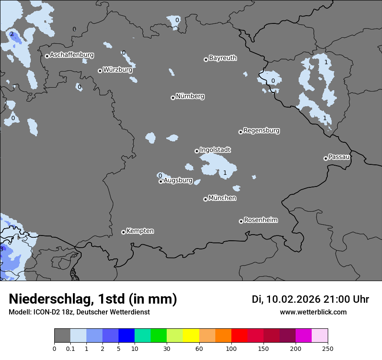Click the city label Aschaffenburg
pos(72,55)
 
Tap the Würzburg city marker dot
pos(100,71)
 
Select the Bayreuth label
pos(223,58)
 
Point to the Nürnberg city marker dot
pos(173,98)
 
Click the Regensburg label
pos(261,130)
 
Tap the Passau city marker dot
pos(326,158)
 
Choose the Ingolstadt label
pos(215,150)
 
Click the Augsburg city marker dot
pos(161,181)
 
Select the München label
pos(222,198)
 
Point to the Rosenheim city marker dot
pos(241,222)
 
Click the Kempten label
pos(140,231)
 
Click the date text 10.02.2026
pos(293,299)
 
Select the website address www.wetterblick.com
pos(313,312)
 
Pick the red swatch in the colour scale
pos(239,336)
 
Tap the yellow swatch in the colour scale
pos(191,336)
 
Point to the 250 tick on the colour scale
pos(328,348)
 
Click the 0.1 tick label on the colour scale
pos(70,348)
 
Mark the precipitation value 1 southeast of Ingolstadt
pos(225,173)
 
